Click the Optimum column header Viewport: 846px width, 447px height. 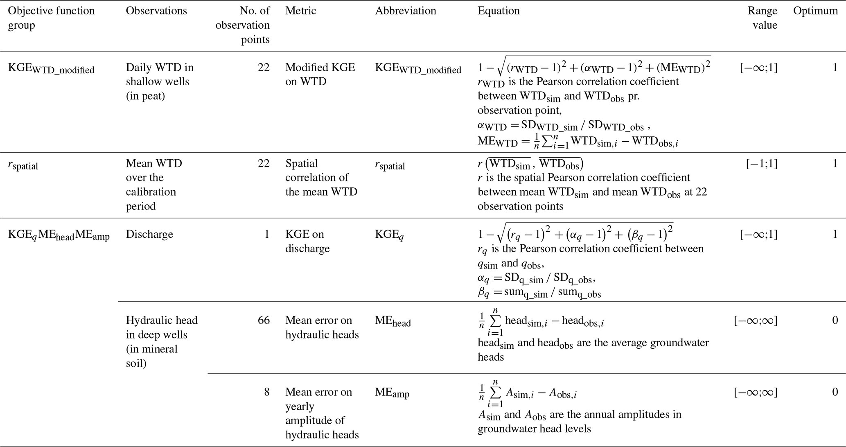tap(815, 11)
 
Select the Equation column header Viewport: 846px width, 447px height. tap(499, 11)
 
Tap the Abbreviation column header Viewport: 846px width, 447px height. tap(405, 11)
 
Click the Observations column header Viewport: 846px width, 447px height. tap(156, 11)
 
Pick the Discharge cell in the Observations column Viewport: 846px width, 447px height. tap(149, 234)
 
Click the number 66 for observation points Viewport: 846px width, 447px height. tap(264, 320)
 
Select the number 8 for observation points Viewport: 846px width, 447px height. tap(266, 392)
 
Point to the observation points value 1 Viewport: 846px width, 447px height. tap(267, 234)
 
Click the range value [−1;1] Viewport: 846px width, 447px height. tap(761, 164)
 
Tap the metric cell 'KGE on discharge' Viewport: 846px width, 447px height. tap(307, 242)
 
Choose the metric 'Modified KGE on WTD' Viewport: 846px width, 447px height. tap(320, 74)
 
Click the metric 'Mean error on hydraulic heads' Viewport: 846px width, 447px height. tap(322, 327)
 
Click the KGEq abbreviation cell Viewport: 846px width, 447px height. tap(389, 235)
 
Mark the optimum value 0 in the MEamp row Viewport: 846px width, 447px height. tap(835, 392)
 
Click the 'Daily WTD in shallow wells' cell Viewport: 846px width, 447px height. tap(160, 81)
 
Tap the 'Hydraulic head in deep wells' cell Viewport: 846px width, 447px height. tap(162, 341)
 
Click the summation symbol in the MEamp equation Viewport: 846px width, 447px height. tap(495, 393)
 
